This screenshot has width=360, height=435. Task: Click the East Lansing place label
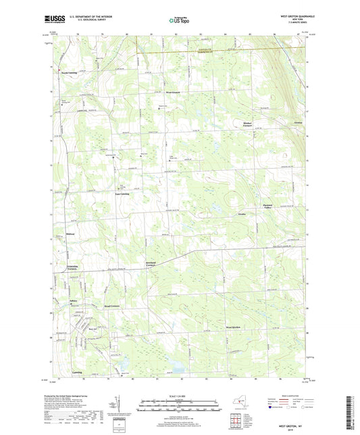(x=121, y=193)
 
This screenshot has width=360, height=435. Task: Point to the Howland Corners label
(x=151, y=264)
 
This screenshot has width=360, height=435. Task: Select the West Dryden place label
(x=234, y=328)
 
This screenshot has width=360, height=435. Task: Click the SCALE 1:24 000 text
(x=179, y=396)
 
